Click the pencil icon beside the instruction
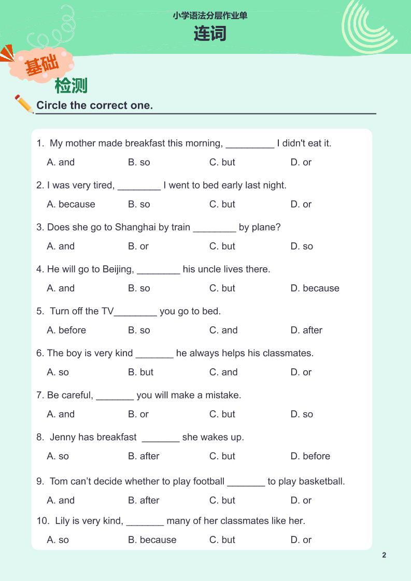tap(24, 104)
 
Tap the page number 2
tap(384, 555)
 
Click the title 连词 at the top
tap(210, 34)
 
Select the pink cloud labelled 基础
tap(41, 65)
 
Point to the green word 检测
tap(71, 85)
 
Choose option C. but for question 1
tap(222, 162)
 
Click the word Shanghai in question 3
tap(136, 227)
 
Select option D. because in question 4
tap(315, 288)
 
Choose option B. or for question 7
tap(138, 414)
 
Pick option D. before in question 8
tap(310, 456)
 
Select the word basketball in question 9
tap(322, 481)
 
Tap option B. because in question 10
tap(152, 540)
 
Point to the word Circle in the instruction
tap(51, 106)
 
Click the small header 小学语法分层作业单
tap(210, 16)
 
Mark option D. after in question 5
tap(306, 330)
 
